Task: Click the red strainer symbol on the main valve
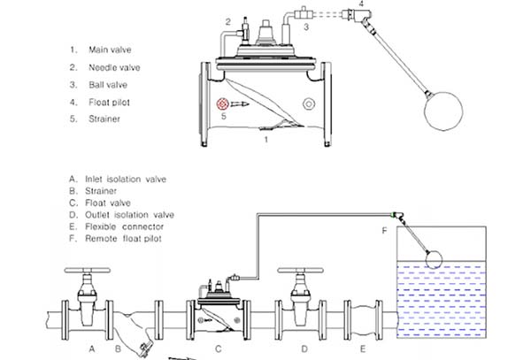click(223, 103)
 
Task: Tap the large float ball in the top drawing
click(443, 111)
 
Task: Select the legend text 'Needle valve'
click(114, 68)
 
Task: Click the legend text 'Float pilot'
click(109, 103)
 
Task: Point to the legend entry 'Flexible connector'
click(124, 226)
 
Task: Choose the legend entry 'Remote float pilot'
click(123, 239)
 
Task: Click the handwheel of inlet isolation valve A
click(88, 271)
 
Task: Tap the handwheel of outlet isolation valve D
click(300, 271)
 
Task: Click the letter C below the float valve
click(219, 349)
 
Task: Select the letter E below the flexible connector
click(363, 349)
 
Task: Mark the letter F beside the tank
click(384, 231)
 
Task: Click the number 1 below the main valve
click(266, 140)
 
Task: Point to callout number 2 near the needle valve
click(228, 22)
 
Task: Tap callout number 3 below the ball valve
click(306, 27)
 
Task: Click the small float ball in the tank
click(434, 260)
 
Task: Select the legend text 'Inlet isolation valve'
click(126, 179)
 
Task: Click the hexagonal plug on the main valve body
click(309, 103)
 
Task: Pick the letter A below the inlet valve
click(92, 349)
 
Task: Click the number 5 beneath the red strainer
click(224, 117)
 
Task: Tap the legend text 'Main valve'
click(110, 50)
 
